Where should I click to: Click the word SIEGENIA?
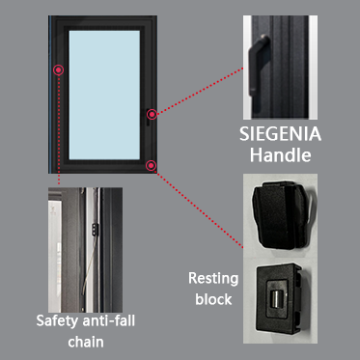point(280,134)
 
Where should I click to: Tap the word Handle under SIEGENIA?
point(280,155)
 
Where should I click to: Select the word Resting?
point(213,279)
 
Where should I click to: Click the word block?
point(213,299)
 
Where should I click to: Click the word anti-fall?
point(108,320)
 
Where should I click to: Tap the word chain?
point(86,342)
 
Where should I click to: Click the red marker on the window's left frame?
point(59,69)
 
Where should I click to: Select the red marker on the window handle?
point(152,114)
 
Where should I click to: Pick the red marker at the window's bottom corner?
point(151,166)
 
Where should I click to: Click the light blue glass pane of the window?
point(104,95)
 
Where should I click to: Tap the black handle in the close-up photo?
point(256,66)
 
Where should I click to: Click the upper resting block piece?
point(279,215)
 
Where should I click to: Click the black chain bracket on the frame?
point(95,229)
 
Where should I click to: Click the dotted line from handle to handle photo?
point(200,91)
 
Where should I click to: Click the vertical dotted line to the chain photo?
point(59,129)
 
